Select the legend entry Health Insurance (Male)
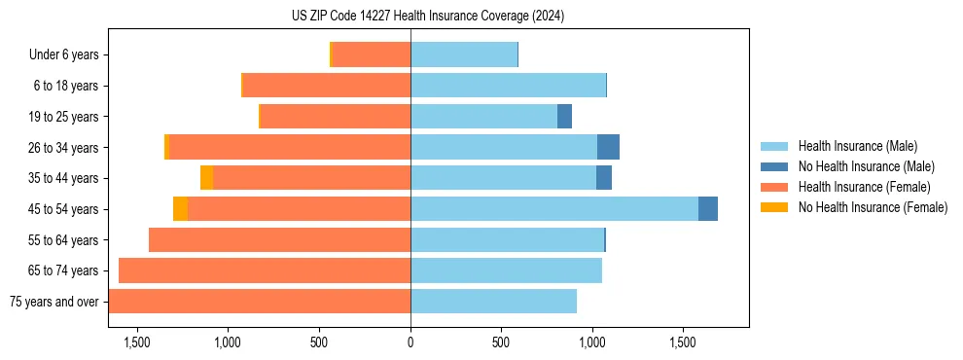point(857,146)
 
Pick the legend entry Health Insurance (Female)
point(864,187)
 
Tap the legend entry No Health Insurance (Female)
point(873,207)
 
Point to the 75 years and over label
point(53,302)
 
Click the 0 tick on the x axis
point(410,342)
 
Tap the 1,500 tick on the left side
point(137,342)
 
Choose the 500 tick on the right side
point(501,342)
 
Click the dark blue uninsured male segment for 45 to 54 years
point(708,209)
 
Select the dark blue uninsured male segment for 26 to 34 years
point(608,148)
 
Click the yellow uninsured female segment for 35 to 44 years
point(206,178)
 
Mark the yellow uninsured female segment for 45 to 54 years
point(180,209)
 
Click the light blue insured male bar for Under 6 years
point(464,55)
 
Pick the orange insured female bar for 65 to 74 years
point(265,270)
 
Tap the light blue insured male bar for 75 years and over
point(493,302)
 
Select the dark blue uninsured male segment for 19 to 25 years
point(564,117)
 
